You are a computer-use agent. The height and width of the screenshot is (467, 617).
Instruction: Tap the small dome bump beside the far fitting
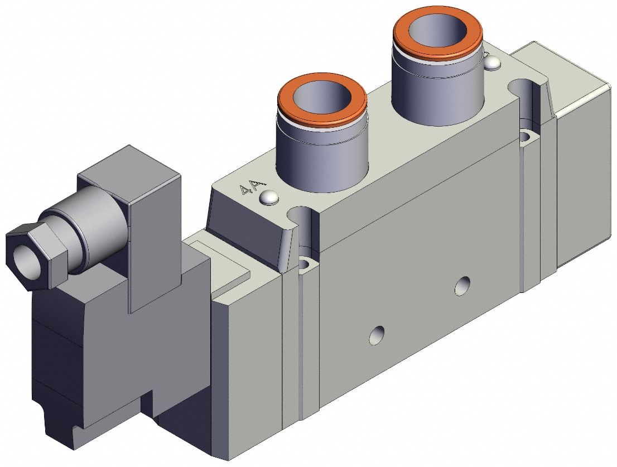pyautogui.click(x=491, y=65)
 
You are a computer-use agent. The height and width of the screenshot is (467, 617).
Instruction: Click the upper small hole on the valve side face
pyautogui.click(x=461, y=286)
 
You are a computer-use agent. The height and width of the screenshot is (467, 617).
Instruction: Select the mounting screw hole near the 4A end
pyautogui.click(x=305, y=263)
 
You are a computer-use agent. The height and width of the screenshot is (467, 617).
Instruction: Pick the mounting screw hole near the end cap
pyautogui.click(x=526, y=136)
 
